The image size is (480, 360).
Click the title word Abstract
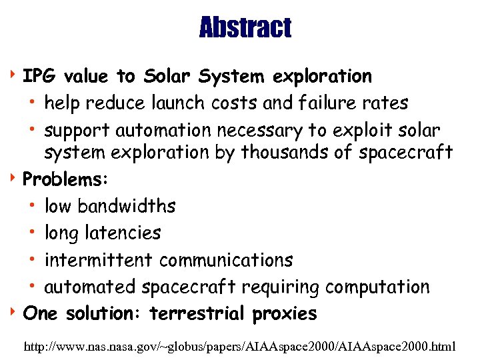[245, 28]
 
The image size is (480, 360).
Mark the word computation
[378, 287]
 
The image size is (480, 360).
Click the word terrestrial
[199, 313]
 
